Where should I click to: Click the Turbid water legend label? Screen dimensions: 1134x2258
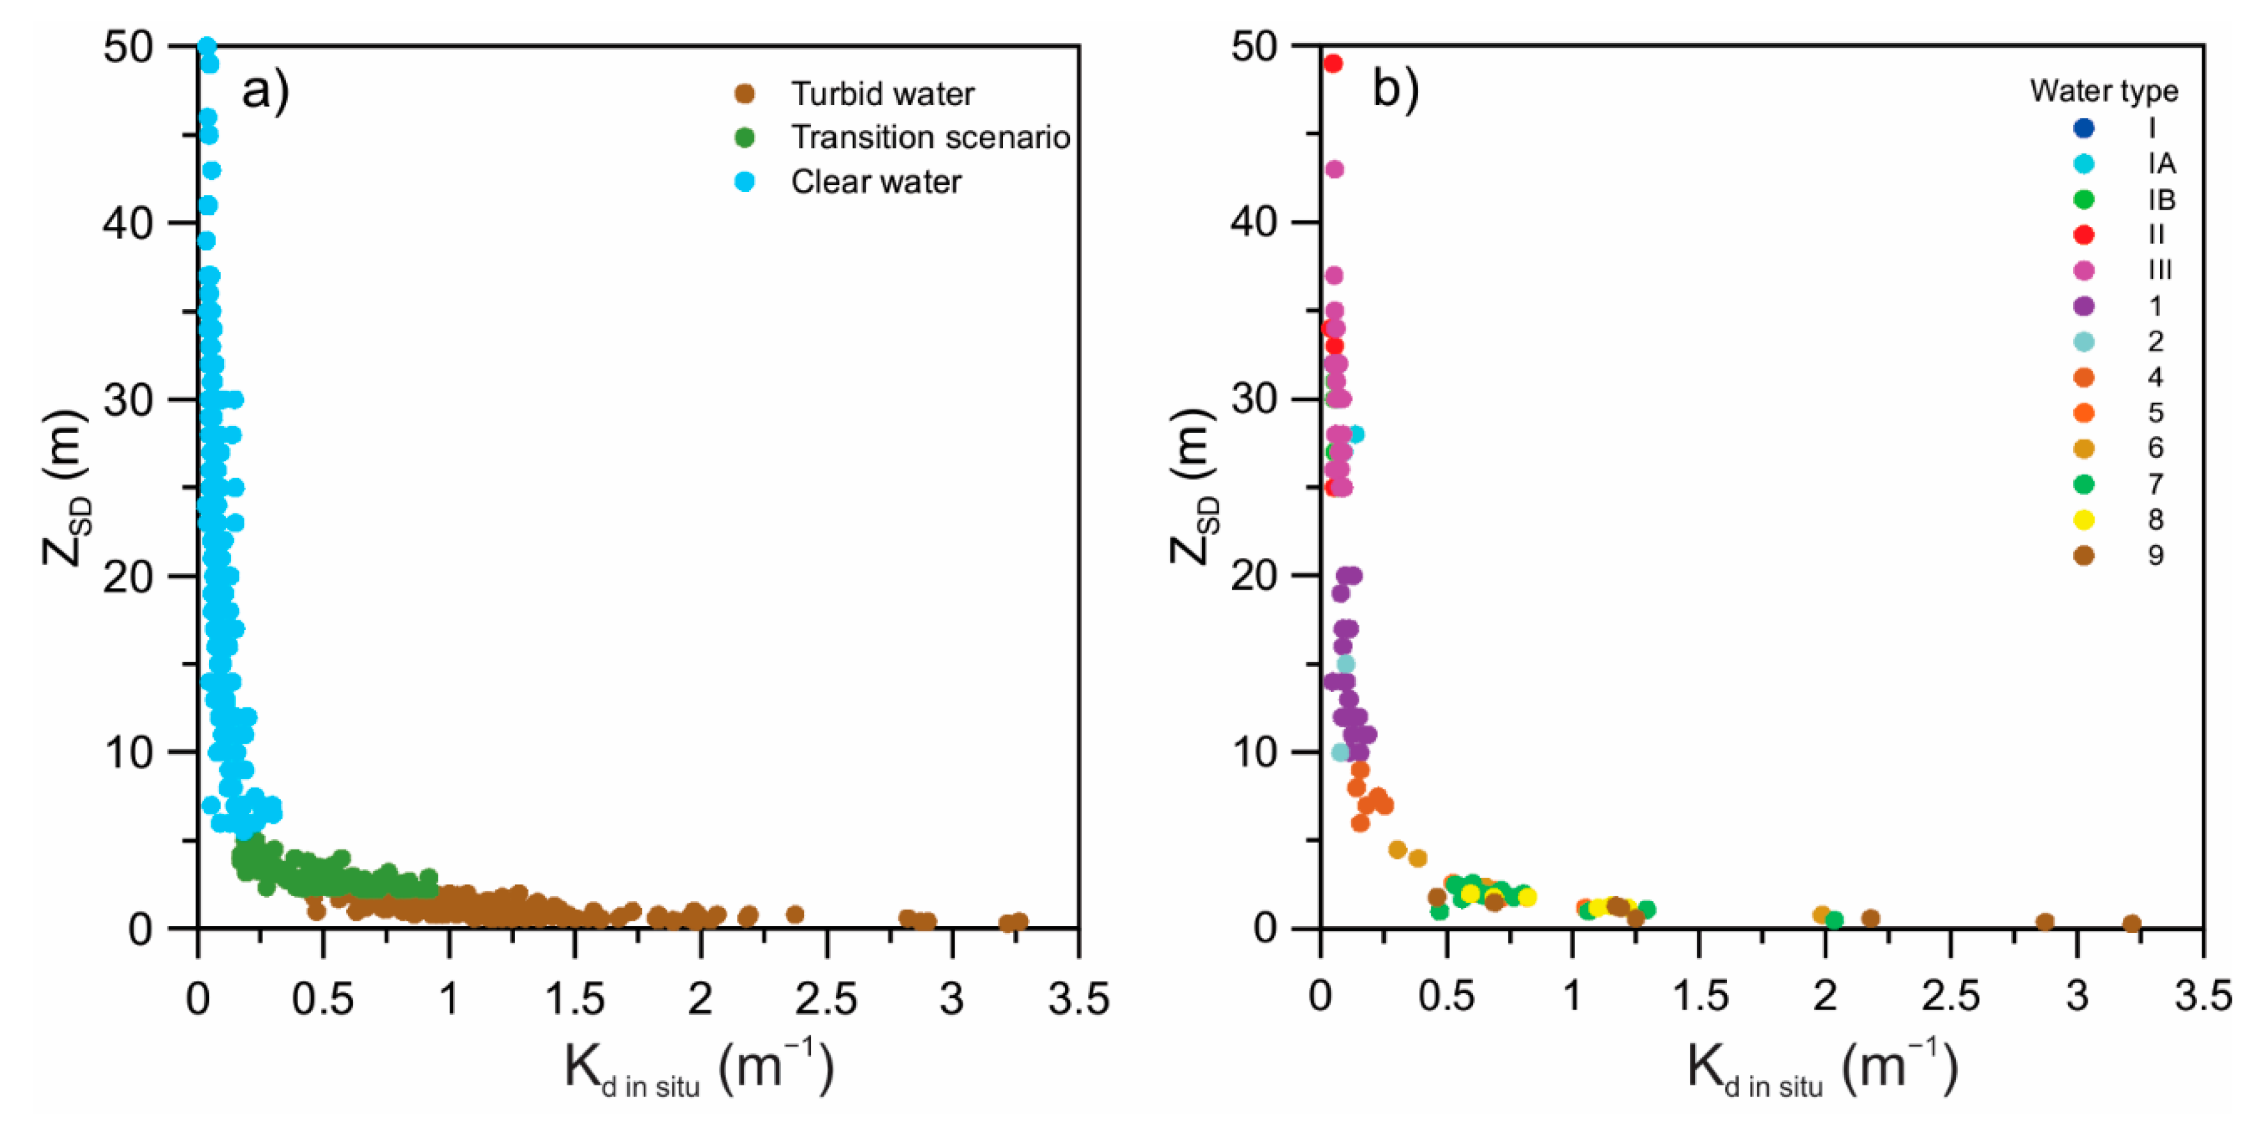[882, 94]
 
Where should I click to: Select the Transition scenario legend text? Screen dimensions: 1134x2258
[930, 138]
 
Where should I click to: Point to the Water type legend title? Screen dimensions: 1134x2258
[2104, 91]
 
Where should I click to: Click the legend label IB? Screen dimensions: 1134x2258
[2161, 200]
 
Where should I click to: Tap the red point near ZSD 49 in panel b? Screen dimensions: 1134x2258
[1333, 63]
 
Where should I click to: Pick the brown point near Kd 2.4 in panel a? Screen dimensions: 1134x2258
[795, 915]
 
